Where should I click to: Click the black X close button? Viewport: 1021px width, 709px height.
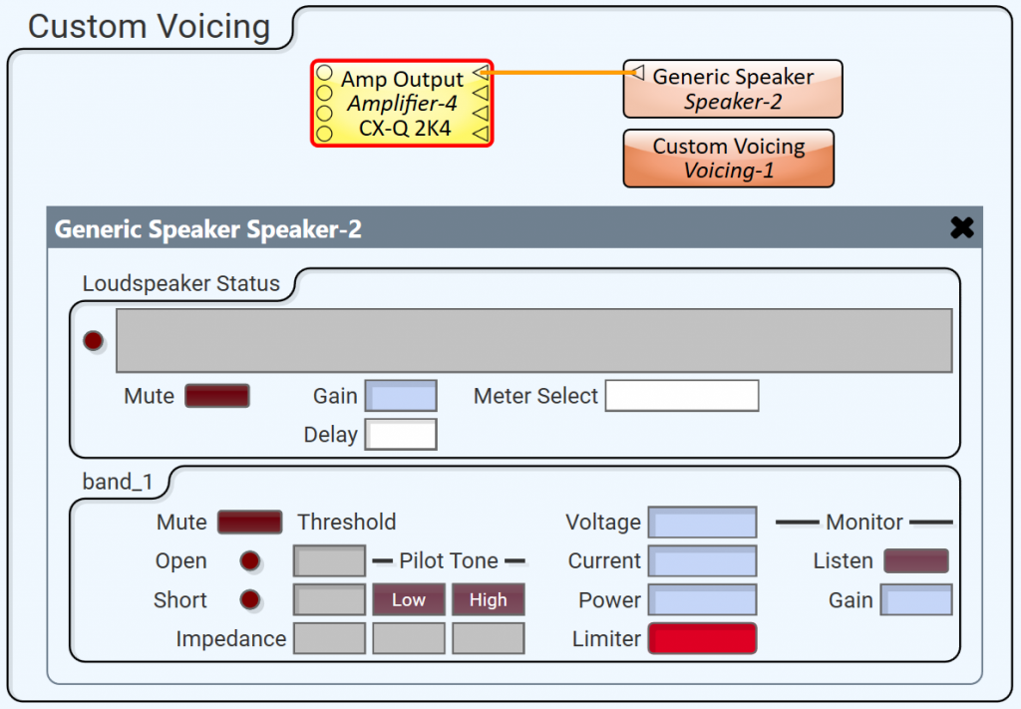pos(962,227)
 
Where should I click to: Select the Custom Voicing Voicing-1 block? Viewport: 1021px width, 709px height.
pos(729,159)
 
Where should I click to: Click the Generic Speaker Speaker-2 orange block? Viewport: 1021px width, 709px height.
pos(733,89)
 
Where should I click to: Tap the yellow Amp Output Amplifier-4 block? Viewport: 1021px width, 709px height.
pos(402,103)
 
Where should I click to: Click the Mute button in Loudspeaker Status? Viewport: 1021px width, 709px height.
pos(216,396)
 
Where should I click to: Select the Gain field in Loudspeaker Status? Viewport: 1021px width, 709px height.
pos(401,396)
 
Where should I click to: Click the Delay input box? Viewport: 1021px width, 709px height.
pos(401,434)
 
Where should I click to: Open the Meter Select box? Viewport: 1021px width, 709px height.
pos(682,396)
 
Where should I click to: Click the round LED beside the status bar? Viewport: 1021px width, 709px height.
pos(93,340)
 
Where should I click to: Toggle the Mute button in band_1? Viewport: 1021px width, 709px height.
pos(249,523)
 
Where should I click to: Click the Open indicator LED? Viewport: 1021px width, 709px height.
pos(250,560)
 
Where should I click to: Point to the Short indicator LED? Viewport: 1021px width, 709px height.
pos(250,599)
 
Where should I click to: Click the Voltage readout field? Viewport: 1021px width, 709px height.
pos(703,523)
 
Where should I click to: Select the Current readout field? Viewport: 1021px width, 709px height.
pos(703,560)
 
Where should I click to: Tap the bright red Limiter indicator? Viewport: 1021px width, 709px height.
pos(703,638)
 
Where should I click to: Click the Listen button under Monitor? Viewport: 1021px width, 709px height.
pos(916,560)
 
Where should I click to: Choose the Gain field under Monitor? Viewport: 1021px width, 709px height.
pos(916,599)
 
